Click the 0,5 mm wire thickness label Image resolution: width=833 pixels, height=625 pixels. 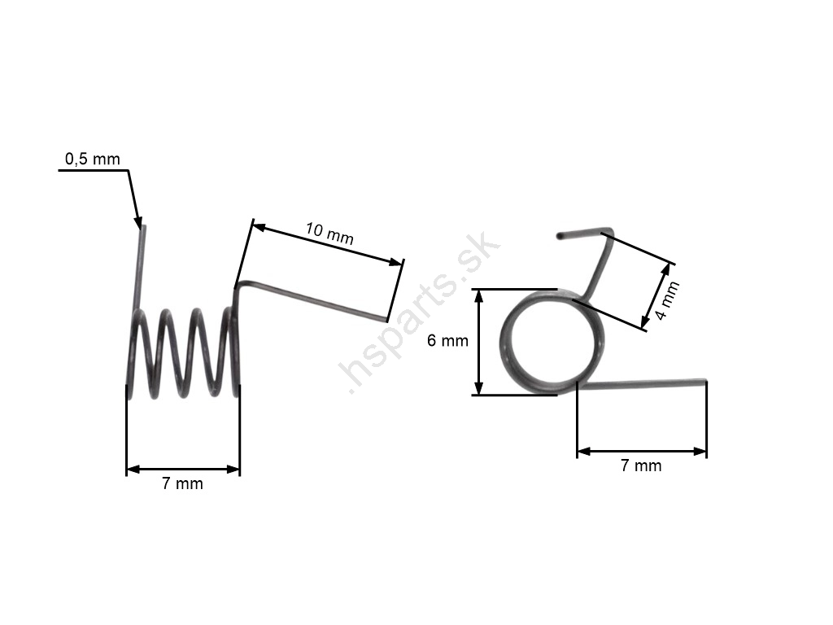tap(93, 159)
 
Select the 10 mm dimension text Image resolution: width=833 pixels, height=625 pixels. tap(329, 234)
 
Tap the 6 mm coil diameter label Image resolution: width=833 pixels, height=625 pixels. tap(448, 341)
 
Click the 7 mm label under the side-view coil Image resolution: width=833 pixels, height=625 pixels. tap(182, 483)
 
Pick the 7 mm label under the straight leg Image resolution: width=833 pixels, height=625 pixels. tap(641, 465)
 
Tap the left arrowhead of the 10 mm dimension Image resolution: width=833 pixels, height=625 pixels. tap(259, 228)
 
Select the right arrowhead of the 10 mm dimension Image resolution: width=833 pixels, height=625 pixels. tap(396, 261)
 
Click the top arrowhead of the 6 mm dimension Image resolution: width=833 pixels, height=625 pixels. tap(478, 296)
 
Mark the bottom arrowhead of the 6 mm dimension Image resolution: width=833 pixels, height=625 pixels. tap(478, 388)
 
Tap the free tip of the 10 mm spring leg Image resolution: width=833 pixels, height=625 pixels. tap(386, 320)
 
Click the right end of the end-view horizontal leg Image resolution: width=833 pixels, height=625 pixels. tap(705, 381)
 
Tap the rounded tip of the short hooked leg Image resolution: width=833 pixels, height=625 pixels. tap(559, 235)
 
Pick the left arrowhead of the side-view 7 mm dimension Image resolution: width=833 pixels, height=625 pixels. tap(133, 469)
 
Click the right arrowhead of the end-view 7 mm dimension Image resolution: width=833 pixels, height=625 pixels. tap(700, 452)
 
